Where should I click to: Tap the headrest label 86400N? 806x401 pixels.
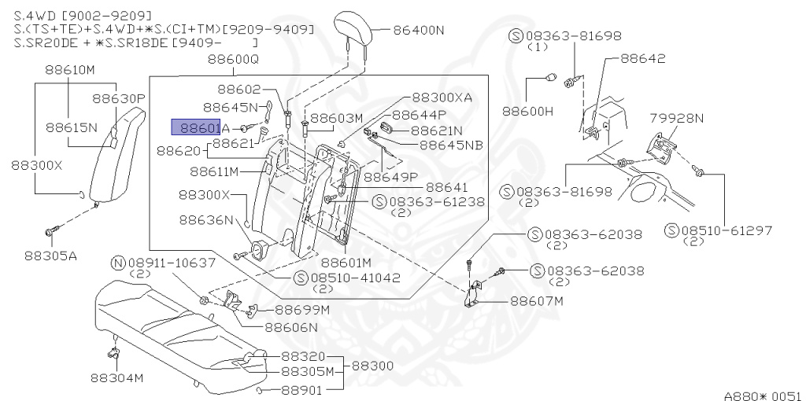pyautogui.click(x=418, y=31)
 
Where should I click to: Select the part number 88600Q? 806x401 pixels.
pyautogui.click(x=233, y=60)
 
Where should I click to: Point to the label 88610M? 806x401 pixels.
pyautogui.click(x=68, y=69)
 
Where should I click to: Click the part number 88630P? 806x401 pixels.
pyautogui.click(x=119, y=99)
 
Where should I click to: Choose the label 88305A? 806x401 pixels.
pyautogui.click(x=50, y=255)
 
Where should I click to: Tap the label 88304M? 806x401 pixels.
pyautogui.click(x=116, y=378)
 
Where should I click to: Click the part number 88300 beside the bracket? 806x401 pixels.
pyautogui.click(x=373, y=366)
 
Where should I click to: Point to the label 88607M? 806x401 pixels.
pyautogui.click(x=537, y=300)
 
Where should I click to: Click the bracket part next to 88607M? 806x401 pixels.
pyautogui.click(x=474, y=294)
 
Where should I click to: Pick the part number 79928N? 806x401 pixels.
pyautogui.click(x=676, y=118)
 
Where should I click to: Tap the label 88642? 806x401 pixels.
pyautogui.click(x=642, y=59)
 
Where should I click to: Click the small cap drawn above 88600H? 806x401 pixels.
pyautogui.click(x=551, y=77)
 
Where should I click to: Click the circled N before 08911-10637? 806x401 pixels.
pyautogui.click(x=118, y=262)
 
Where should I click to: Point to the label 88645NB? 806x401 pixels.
pyautogui.click(x=451, y=145)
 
